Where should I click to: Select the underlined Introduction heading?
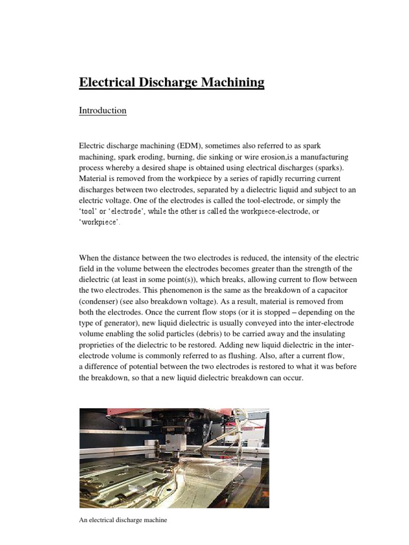point(103,111)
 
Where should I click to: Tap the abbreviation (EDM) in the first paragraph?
point(189,145)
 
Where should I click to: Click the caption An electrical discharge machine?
point(123,520)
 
